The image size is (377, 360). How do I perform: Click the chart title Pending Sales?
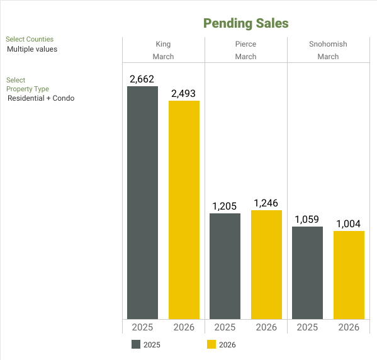click(x=245, y=23)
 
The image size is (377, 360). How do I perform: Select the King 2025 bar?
click(x=142, y=203)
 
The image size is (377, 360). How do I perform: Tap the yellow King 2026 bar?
click(x=184, y=210)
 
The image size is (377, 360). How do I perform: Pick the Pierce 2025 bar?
click(x=225, y=266)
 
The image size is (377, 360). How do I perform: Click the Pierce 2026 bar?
click(x=266, y=264)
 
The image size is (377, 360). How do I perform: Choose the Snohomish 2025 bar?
click(x=307, y=273)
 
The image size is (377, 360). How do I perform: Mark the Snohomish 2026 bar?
click(x=349, y=275)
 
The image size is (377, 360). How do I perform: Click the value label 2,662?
click(x=142, y=79)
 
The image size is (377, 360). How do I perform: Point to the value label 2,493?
click(x=184, y=94)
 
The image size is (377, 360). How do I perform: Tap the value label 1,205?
click(x=225, y=206)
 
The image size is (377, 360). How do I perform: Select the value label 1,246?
click(x=266, y=203)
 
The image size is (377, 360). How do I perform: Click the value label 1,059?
click(x=307, y=220)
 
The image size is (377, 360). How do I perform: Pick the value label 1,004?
click(x=349, y=224)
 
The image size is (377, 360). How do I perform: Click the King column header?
click(x=163, y=44)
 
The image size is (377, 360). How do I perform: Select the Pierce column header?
click(x=245, y=44)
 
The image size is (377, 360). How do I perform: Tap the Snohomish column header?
click(x=328, y=44)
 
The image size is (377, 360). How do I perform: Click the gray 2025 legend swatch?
click(x=136, y=344)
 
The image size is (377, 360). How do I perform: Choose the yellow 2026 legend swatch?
click(x=211, y=344)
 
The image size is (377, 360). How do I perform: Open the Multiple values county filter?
click(x=32, y=49)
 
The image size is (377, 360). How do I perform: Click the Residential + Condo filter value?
click(x=41, y=98)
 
